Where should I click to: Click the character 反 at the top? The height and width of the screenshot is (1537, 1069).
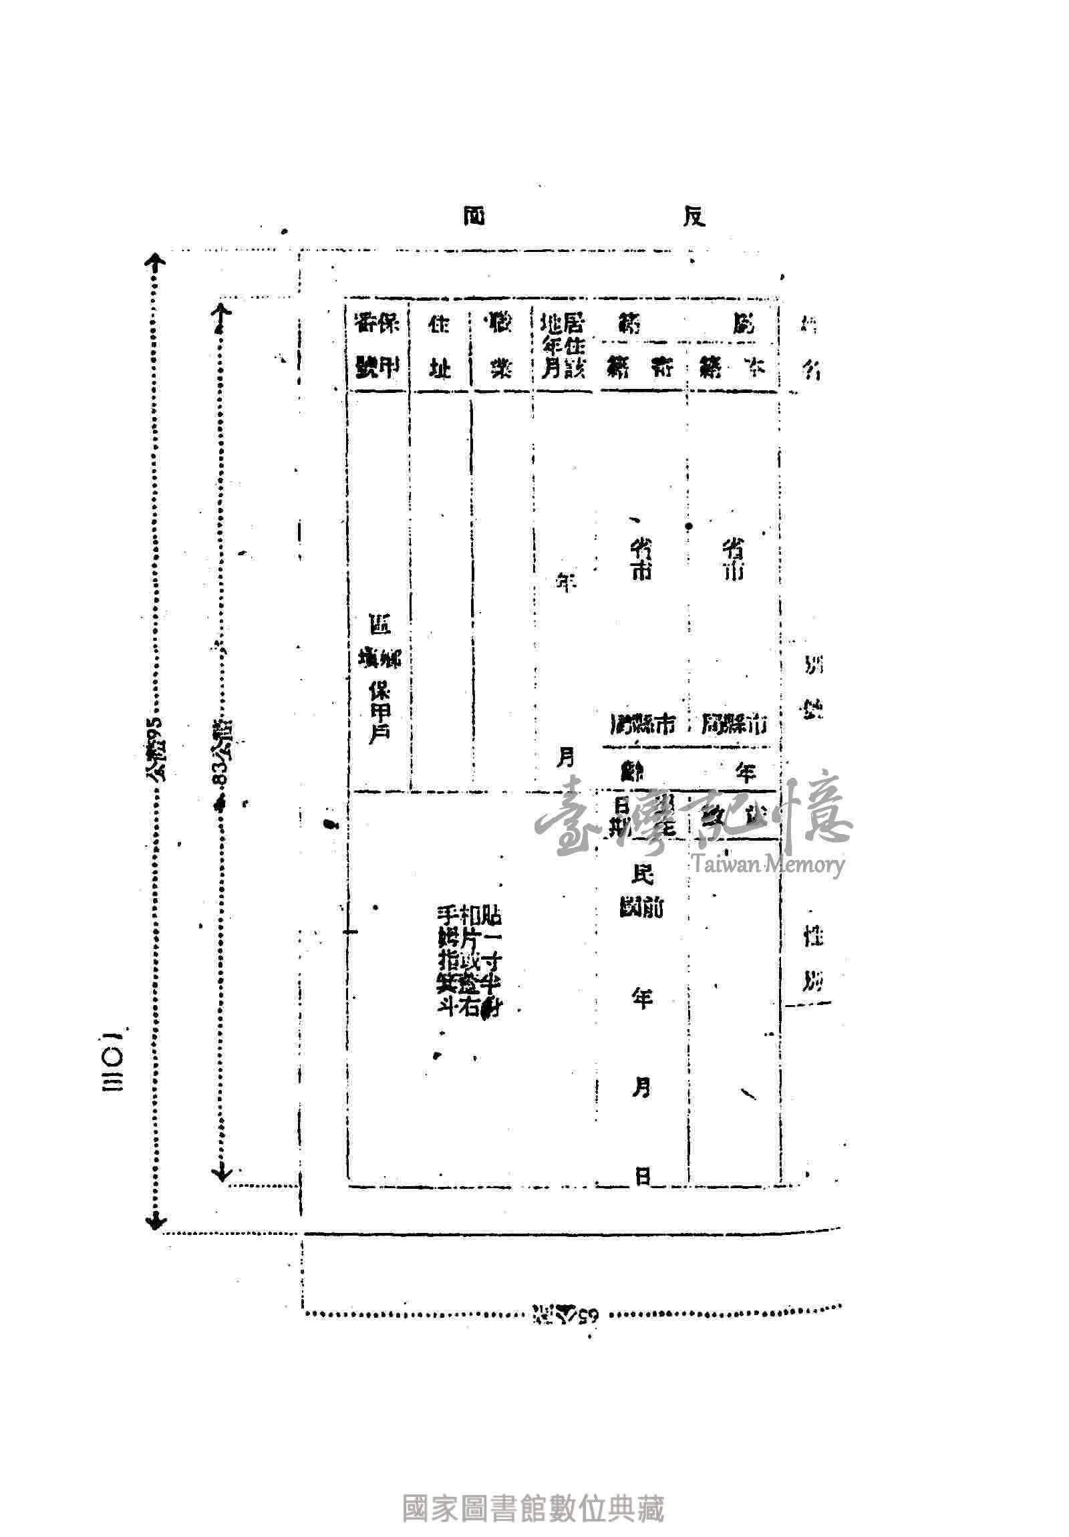[x=694, y=217]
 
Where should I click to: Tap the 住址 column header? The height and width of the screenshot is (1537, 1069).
[x=440, y=346]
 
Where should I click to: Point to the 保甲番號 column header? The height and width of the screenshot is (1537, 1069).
[x=377, y=346]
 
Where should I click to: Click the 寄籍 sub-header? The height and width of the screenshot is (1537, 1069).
[x=641, y=368]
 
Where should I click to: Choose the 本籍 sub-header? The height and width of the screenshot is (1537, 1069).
[x=733, y=368]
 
